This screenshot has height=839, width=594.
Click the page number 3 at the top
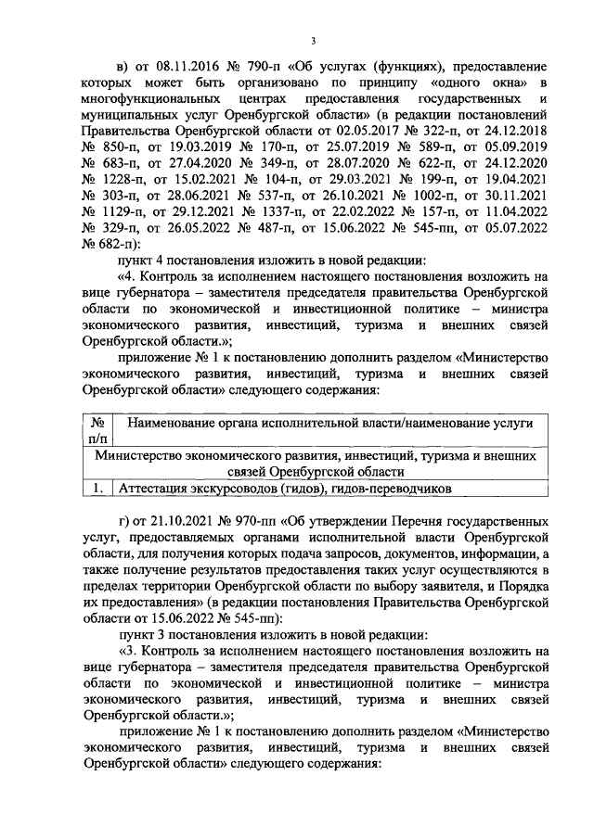[313, 41]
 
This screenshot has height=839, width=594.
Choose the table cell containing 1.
[98, 487]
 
